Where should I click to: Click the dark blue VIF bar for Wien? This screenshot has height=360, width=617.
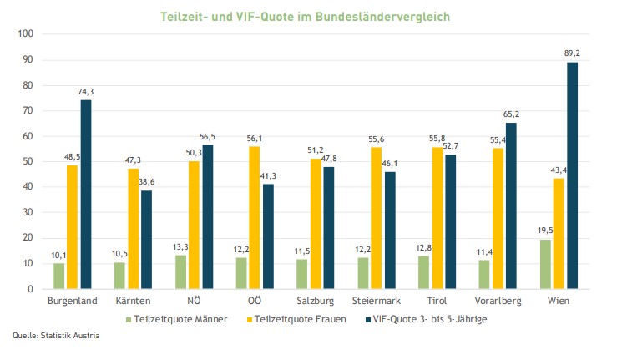572,175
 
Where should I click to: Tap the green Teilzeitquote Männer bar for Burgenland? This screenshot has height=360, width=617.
58,276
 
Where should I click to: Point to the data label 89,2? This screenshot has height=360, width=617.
573,53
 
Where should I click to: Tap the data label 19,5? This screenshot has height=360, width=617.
544,231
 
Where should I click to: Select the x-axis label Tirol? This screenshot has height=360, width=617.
437,300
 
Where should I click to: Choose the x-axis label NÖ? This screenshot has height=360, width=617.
194,300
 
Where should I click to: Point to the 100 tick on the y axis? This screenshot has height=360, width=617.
24,33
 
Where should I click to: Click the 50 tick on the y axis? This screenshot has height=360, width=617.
27,161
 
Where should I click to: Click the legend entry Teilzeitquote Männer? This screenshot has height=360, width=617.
177,317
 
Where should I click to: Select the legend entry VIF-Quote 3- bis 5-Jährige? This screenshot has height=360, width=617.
431,317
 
